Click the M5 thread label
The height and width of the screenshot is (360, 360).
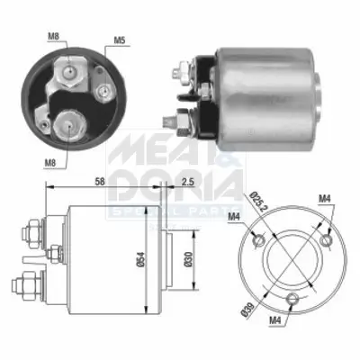pos(120,40)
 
